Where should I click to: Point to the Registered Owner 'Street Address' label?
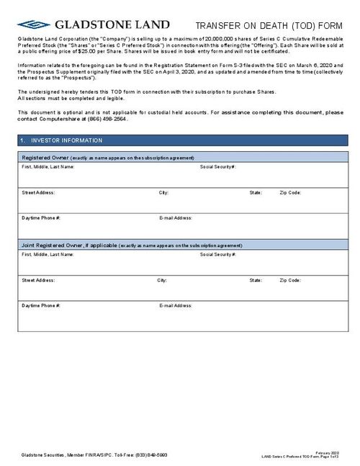coord(38,192)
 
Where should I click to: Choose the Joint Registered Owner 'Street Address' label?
coord(38,279)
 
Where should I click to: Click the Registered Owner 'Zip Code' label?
coord(291,192)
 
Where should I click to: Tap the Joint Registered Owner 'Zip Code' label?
coord(291,279)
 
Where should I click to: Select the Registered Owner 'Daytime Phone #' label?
coord(41,217)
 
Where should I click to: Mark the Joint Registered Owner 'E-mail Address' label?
coord(175,305)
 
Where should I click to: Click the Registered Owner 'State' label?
coord(256,192)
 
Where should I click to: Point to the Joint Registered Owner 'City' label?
coord(163,279)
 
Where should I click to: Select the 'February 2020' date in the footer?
coord(329,452)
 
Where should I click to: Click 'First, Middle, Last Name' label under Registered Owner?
coord(48,166)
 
